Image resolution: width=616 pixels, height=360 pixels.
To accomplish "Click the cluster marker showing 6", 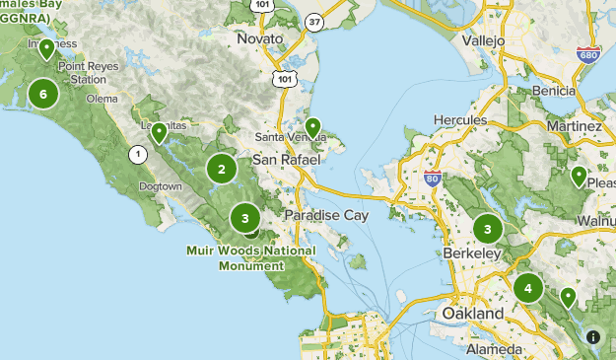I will pos(42,94).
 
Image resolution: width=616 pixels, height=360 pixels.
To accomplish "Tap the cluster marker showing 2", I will pos(222,169).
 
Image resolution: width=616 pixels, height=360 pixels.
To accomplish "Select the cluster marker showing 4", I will pos(528,288).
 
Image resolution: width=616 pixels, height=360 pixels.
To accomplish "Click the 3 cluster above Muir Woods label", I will pos(245,218).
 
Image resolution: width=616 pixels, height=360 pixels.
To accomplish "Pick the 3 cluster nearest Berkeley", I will pos(487,229).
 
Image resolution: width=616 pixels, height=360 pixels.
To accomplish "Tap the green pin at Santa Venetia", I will pos(312,127).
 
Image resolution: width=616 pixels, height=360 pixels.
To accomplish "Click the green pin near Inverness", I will pos(46,22).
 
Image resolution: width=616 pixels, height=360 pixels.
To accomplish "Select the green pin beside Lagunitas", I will pos(159,133).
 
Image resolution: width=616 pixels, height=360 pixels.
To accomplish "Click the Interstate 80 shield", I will pos(432,179).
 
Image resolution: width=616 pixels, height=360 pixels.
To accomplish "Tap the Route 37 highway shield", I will pos(342,21).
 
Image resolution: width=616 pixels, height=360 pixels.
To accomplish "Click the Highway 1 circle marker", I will pos(138,154).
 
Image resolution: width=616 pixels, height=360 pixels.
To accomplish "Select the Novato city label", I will pos(260,38).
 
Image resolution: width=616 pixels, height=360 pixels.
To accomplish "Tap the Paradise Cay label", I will pos(325,215).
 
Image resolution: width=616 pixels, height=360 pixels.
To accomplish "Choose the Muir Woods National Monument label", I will pos(251,257).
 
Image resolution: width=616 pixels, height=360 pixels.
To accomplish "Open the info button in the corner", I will pos(592,336).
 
